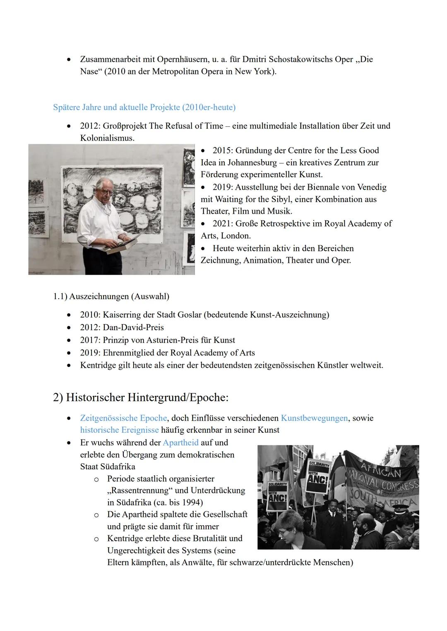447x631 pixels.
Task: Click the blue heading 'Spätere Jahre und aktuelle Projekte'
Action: pos(144,107)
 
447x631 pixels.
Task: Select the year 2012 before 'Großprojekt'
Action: pos(90,126)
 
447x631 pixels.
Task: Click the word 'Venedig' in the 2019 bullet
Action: pos(370,187)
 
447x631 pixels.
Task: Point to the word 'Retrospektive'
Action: pos(290,224)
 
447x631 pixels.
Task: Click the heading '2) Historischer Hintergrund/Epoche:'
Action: pos(141,398)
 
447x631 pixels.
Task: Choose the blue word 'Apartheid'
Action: pos(180,443)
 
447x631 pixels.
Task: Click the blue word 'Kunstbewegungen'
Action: pos(314,418)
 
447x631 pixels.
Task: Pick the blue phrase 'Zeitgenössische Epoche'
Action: pos(123,418)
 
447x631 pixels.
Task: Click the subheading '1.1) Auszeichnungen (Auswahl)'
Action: pos(111,296)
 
